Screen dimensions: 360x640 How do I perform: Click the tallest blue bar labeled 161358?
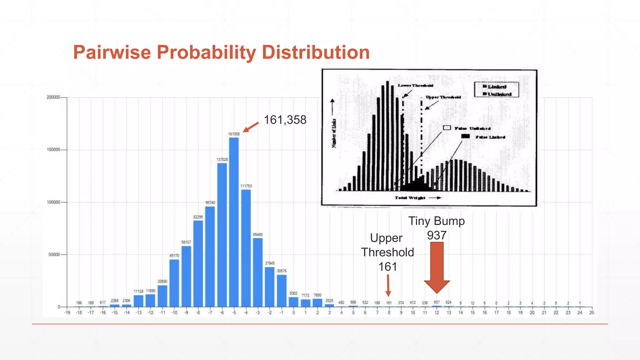click(234, 222)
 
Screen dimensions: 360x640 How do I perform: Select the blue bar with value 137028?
click(222, 234)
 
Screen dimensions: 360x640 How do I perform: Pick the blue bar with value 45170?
click(174, 283)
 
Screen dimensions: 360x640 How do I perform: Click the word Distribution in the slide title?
click(316, 52)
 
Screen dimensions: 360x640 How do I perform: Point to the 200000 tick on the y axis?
click(53, 97)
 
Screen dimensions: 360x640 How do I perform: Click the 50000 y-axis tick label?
click(54, 255)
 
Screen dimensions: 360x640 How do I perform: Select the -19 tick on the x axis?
click(67, 312)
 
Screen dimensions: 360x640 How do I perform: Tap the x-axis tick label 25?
click(592, 312)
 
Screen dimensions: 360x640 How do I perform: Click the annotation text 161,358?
click(285, 120)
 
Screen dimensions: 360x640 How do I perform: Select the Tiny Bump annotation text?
click(437, 221)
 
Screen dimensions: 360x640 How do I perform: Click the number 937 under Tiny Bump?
click(437, 235)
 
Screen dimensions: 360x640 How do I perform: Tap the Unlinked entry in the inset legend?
click(499, 94)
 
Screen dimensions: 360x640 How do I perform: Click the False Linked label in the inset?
click(490, 137)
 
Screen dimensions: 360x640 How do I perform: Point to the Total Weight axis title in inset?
click(410, 198)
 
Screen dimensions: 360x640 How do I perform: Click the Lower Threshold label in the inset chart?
click(415, 85)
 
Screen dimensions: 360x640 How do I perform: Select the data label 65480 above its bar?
click(258, 235)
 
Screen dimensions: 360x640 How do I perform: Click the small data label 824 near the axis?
click(448, 302)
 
